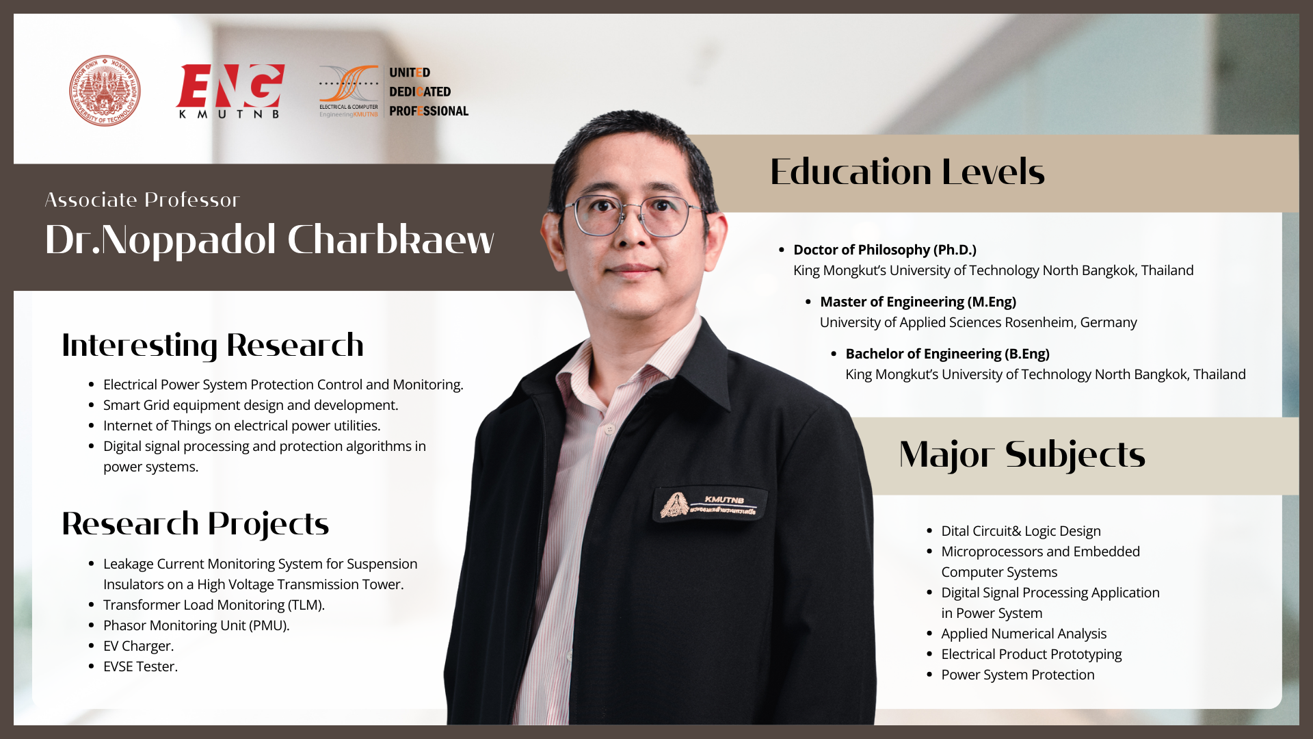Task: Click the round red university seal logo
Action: (105, 91)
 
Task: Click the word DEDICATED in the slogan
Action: (420, 92)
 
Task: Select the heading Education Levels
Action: (907, 172)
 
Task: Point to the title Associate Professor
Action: (142, 200)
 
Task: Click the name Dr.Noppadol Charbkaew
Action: (269, 239)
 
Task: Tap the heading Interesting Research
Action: (213, 346)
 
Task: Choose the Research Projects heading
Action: (196, 524)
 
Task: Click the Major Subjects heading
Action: (1022, 455)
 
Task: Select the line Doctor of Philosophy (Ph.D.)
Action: (885, 250)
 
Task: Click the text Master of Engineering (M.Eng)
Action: (918, 302)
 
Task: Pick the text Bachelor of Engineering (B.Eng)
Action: (948, 354)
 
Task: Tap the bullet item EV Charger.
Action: (139, 646)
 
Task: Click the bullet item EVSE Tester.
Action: (140, 666)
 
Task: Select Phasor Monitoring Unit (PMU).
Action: (196, 625)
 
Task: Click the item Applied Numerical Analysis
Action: (1024, 634)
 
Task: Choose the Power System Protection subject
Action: (1018, 675)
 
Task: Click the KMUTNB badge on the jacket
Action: (710, 506)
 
